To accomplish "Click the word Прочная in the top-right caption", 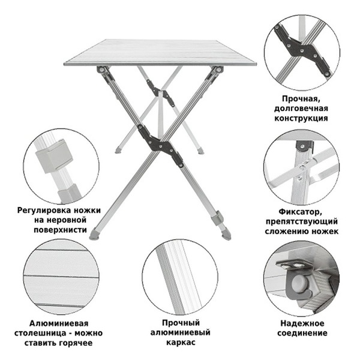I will pyautogui.click(x=304, y=98).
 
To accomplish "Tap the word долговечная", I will pyautogui.click(x=304, y=108).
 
